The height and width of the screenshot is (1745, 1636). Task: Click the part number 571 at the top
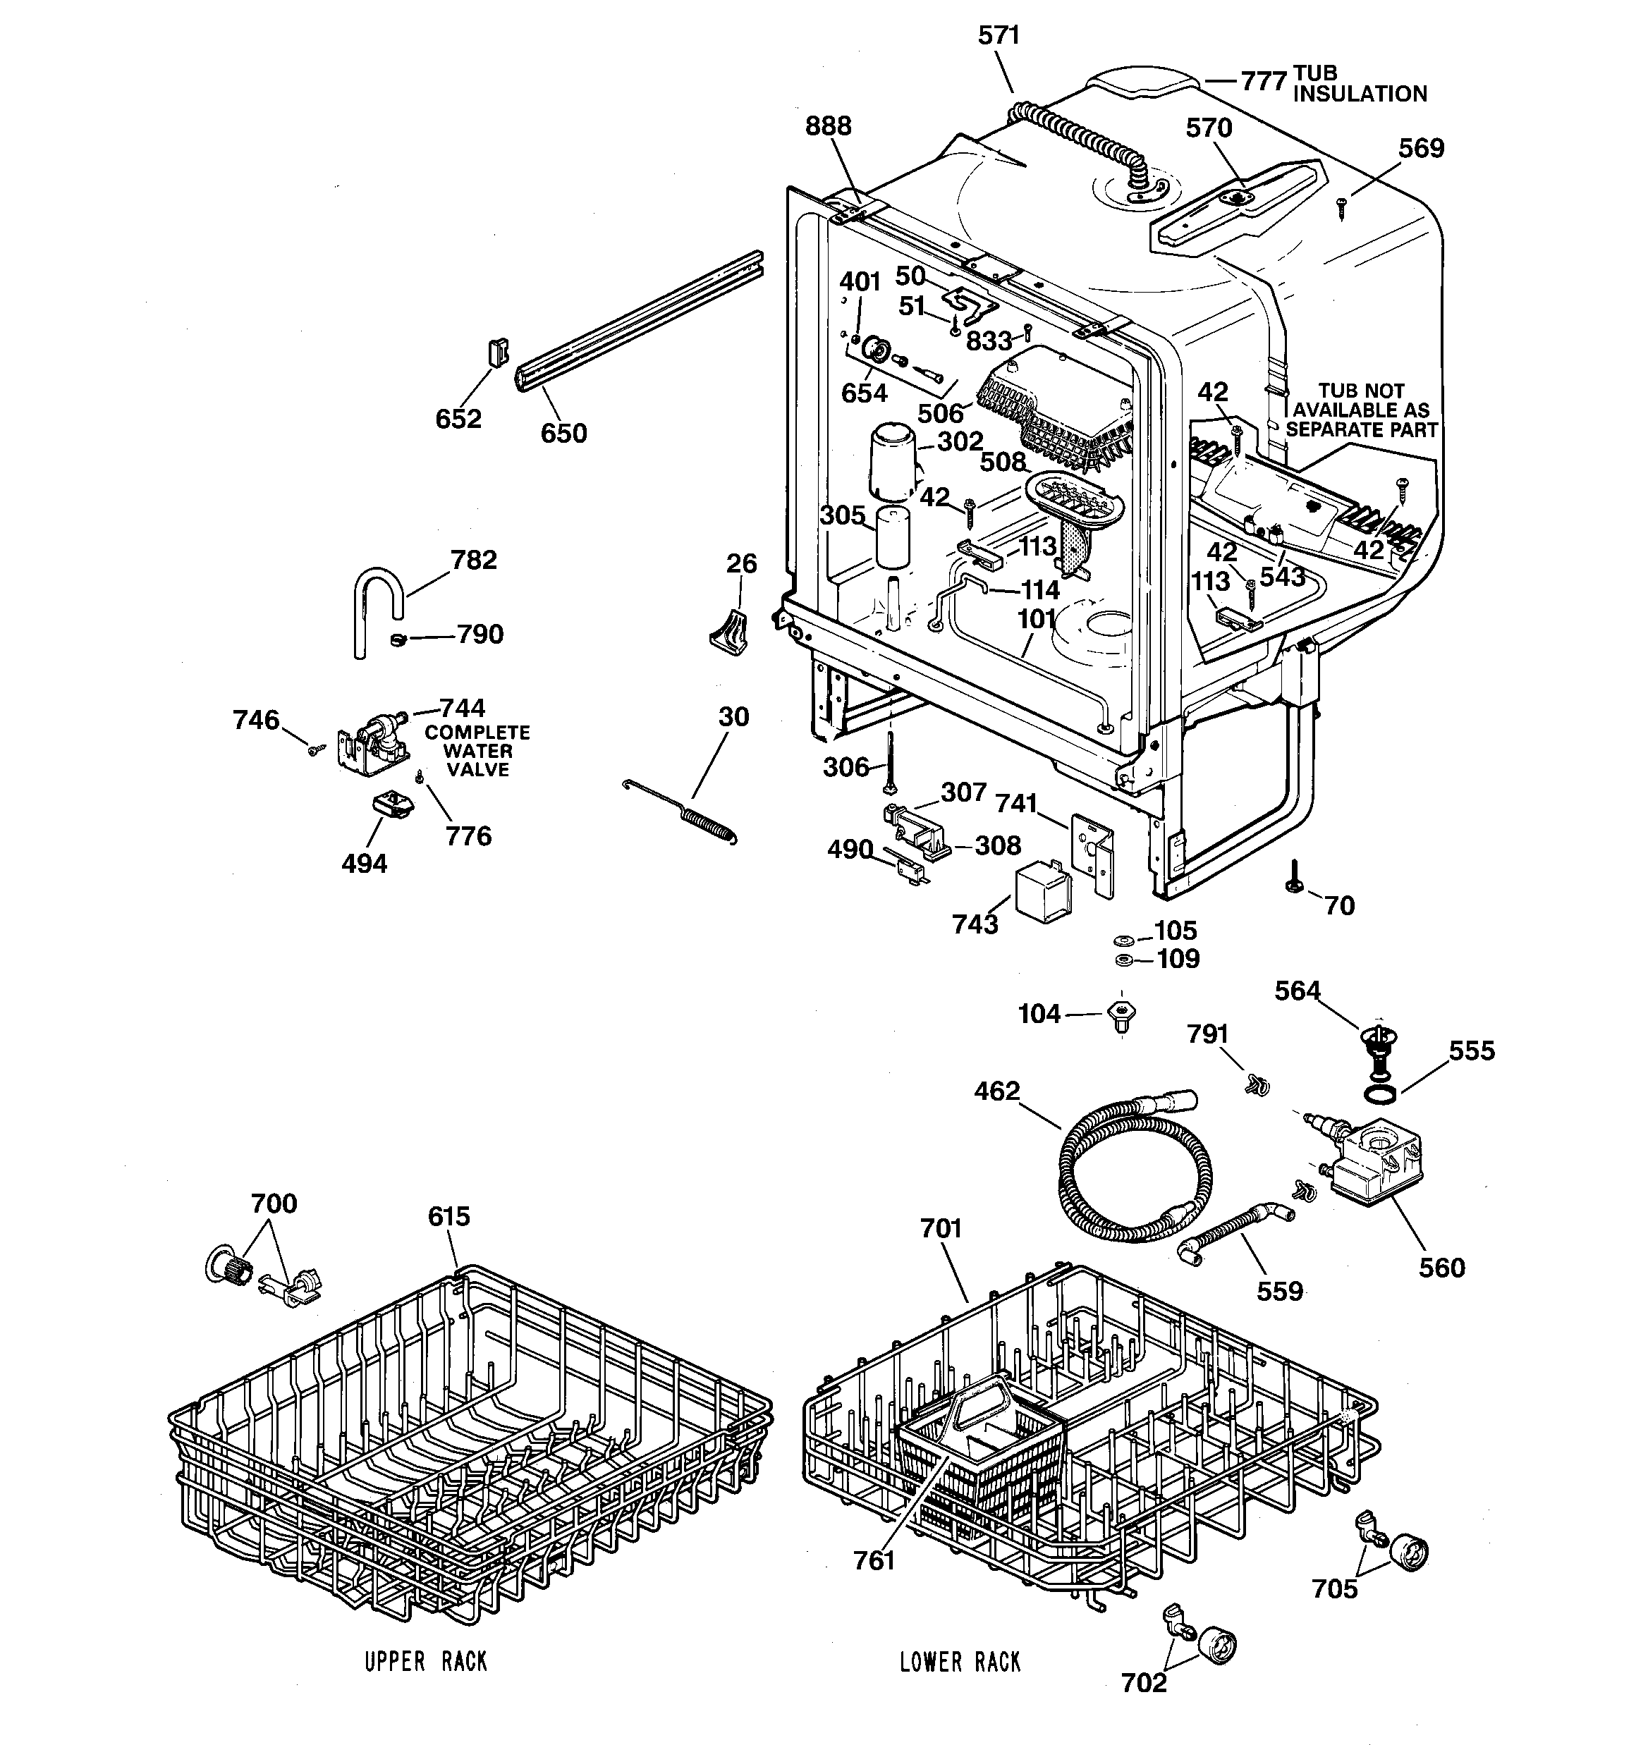999,36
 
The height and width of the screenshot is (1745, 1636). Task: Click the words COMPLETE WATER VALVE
477,752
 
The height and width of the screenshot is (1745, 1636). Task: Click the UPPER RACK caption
426,1662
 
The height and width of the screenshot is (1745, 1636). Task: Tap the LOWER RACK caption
960,1662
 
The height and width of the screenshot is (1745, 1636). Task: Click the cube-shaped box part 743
1042,893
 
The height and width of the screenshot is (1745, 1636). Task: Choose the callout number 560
1441,1268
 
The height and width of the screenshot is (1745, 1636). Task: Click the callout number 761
874,1561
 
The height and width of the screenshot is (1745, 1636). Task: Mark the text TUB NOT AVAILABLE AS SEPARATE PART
1361,410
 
